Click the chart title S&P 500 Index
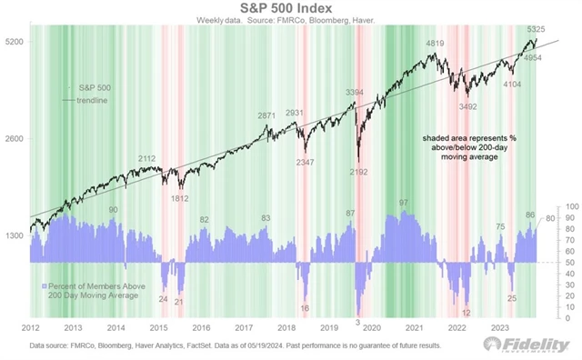click(290, 9)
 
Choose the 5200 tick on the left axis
click(13, 43)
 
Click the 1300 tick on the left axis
click(13, 235)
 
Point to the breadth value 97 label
click(403, 202)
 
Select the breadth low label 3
click(357, 322)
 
